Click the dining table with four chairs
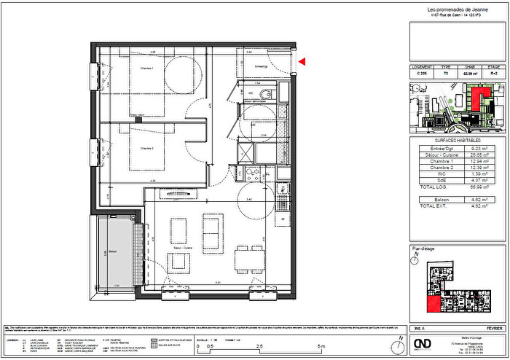(248, 259)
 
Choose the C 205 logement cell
(420, 73)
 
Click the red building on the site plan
(476, 99)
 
